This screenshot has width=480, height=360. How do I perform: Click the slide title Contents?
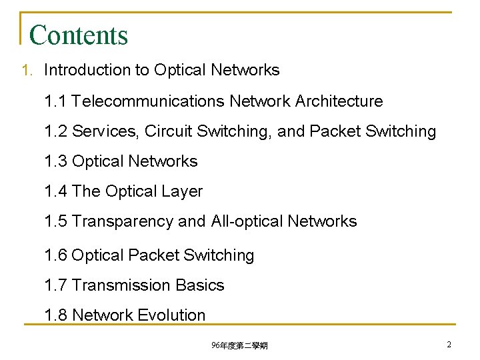point(79,35)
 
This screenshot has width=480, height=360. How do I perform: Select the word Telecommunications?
point(148,101)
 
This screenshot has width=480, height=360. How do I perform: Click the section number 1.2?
point(55,131)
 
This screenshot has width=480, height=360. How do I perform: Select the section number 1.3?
point(55,161)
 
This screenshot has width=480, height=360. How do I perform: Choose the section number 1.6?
point(55,255)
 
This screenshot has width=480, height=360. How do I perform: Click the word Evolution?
point(173,315)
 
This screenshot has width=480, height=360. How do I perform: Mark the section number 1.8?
point(55,315)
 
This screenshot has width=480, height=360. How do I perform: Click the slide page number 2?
point(449,345)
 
